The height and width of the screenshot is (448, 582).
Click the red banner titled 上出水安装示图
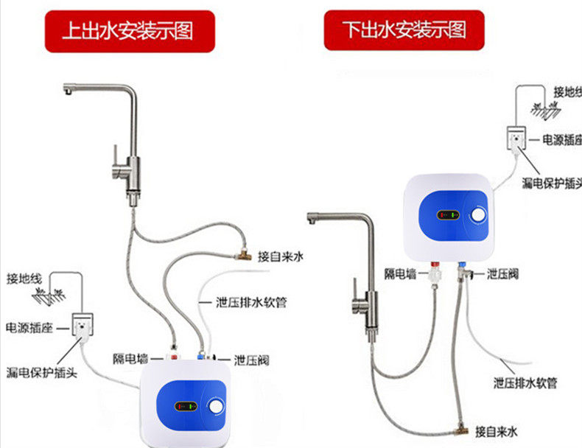pyautogui.click(x=129, y=30)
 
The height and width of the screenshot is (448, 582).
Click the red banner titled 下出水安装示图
pyautogui.click(x=404, y=30)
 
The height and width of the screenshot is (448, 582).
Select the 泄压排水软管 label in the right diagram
pyautogui.click(x=525, y=383)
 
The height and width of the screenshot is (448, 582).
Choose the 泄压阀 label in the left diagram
pyautogui.click(x=251, y=360)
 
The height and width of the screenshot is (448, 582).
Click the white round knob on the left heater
pyautogui.click(x=217, y=406)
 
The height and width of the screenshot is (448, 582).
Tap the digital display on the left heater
pyautogui.click(x=185, y=405)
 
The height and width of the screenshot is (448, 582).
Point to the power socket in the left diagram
pyautogui.click(x=83, y=323)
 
